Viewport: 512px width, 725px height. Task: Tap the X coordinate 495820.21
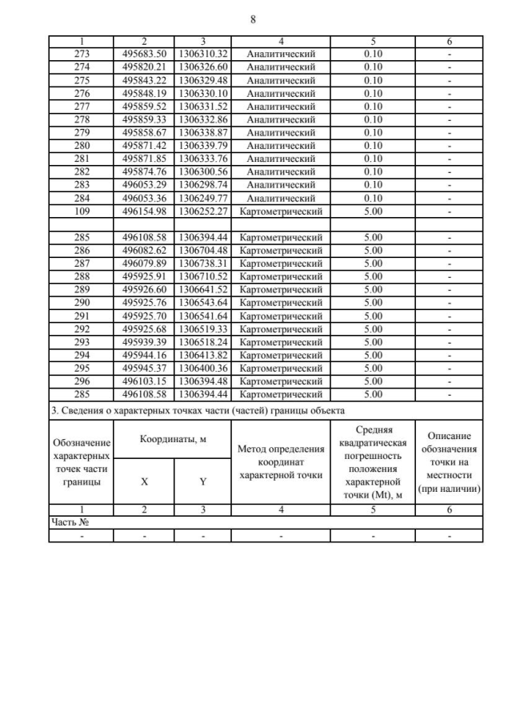(144, 67)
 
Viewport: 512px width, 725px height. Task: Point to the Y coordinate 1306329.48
(203, 80)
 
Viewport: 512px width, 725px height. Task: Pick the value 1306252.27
(203, 211)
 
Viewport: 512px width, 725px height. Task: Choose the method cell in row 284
(281, 199)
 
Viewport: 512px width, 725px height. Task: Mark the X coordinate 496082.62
(144, 251)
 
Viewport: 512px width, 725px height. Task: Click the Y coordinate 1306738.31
(203, 264)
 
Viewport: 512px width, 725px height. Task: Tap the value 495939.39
(144, 342)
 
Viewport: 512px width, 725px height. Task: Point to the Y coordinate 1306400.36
(203, 369)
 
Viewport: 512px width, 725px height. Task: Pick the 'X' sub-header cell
(144, 483)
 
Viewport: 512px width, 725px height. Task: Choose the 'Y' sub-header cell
(203, 483)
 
